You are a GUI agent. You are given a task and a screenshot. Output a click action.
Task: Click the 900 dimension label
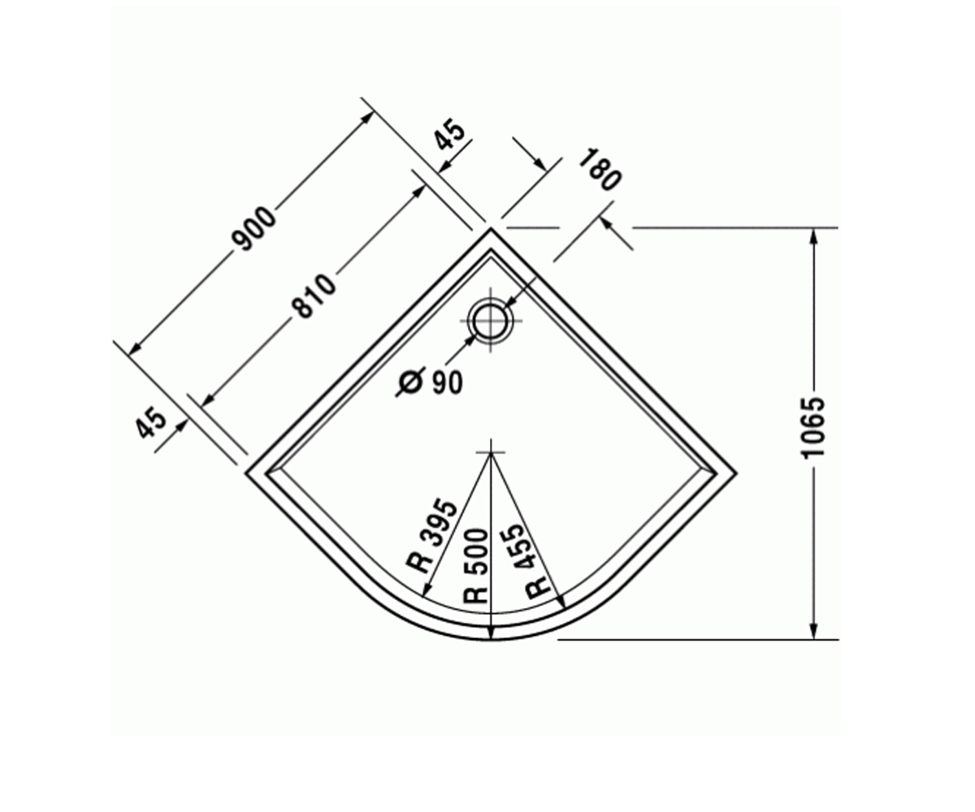pos(254,228)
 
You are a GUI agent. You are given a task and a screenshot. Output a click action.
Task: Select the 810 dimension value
pos(314,297)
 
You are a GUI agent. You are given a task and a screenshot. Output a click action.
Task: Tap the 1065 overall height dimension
pos(813,428)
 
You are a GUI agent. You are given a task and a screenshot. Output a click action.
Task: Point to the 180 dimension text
pos(600,170)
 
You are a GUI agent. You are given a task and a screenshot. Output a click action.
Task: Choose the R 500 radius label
pos(475,566)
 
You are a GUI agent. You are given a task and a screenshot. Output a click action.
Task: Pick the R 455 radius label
pos(527,562)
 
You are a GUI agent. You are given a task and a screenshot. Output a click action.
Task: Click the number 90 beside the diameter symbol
pos(448,383)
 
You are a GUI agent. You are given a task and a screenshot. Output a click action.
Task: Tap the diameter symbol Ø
pos(411,382)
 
